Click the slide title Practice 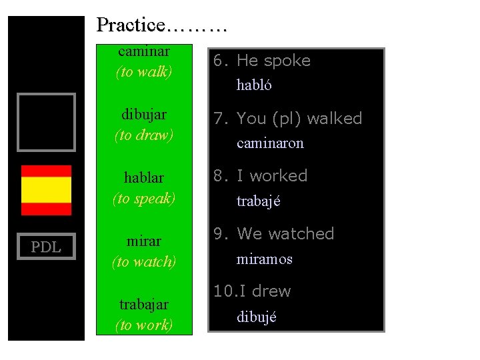pyautogui.click(x=162, y=25)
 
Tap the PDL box pyautogui.click(x=46, y=247)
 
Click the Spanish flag pyautogui.click(x=46, y=189)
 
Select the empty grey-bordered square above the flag pyautogui.click(x=46, y=122)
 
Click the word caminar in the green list pyautogui.click(x=144, y=51)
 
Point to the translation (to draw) pyautogui.click(x=144, y=135)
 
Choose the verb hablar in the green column pyautogui.click(x=144, y=178)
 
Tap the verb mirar pyautogui.click(x=144, y=240)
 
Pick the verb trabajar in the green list pyautogui.click(x=144, y=304)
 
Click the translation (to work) pyautogui.click(x=144, y=325)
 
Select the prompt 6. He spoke pyautogui.click(x=262, y=61)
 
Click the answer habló pyautogui.click(x=254, y=85)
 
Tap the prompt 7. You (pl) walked pyautogui.click(x=287, y=119)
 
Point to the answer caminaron pyautogui.click(x=270, y=143)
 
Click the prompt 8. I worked pyautogui.click(x=260, y=176)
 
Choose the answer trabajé pyautogui.click(x=259, y=201)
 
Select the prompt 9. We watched pyautogui.click(x=273, y=234)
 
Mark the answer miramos pyautogui.click(x=264, y=259)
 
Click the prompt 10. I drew pyautogui.click(x=252, y=291)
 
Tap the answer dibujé pyautogui.click(x=256, y=317)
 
